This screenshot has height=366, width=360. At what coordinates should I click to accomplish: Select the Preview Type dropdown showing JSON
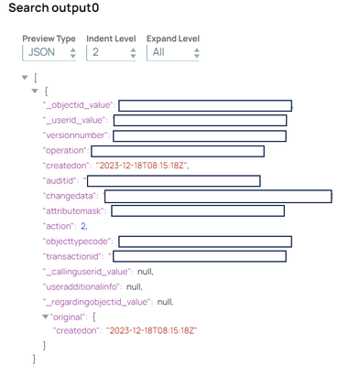click(51, 54)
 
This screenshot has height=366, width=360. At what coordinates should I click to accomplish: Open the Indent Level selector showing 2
click(112, 54)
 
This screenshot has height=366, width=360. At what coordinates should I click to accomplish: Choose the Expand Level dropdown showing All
click(173, 54)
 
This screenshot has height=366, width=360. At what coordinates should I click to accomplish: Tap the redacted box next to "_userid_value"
click(200, 121)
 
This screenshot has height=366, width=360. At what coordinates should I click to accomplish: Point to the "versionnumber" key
click(74, 136)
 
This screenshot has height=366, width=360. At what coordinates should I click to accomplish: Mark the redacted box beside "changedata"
click(218, 196)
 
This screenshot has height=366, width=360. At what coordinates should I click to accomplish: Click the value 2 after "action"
click(83, 225)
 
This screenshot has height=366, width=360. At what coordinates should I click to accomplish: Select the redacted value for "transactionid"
click(200, 255)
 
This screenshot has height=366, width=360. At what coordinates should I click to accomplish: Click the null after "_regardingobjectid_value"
click(166, 300)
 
